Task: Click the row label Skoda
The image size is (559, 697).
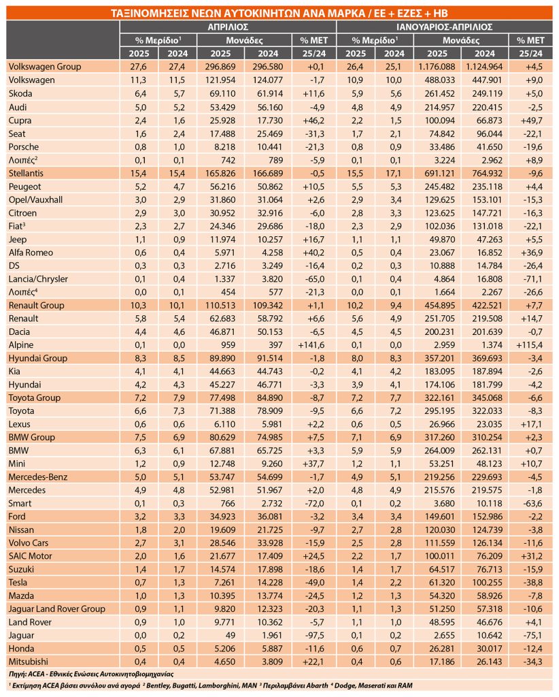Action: coord(20,93)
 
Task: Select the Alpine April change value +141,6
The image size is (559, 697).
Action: coord(311,345)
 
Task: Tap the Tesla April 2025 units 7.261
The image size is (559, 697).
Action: coord(224,583)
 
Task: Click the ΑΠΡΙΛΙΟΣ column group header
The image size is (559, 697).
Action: coord(228,27)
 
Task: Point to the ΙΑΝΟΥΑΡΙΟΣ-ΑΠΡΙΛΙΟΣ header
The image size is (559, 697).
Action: coord(445,27)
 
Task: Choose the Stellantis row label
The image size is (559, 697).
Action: coord(26,173)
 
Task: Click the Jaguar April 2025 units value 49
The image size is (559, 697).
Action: coord(230,635)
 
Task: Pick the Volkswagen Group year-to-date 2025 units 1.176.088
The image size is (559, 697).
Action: coord(437,67)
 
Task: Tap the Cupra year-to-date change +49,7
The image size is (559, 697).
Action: coord(530,120)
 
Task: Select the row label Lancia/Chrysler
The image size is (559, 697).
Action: coord(38,279)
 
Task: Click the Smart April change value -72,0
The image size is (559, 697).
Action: coord(314,503)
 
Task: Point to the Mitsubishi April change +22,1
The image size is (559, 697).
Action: coord(313,662)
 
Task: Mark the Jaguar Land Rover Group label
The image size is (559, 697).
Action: coord(57,609)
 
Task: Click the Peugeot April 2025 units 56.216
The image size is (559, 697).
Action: coord(222,187)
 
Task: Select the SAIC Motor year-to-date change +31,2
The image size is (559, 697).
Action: coord(530,556)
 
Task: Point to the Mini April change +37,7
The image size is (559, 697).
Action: coord(313,464)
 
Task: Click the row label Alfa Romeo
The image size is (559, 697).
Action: coord(31,253)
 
